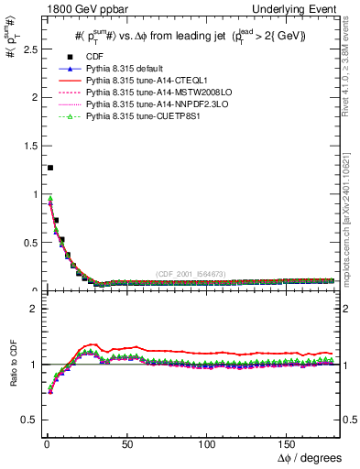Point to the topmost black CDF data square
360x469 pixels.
coord(49,168)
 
